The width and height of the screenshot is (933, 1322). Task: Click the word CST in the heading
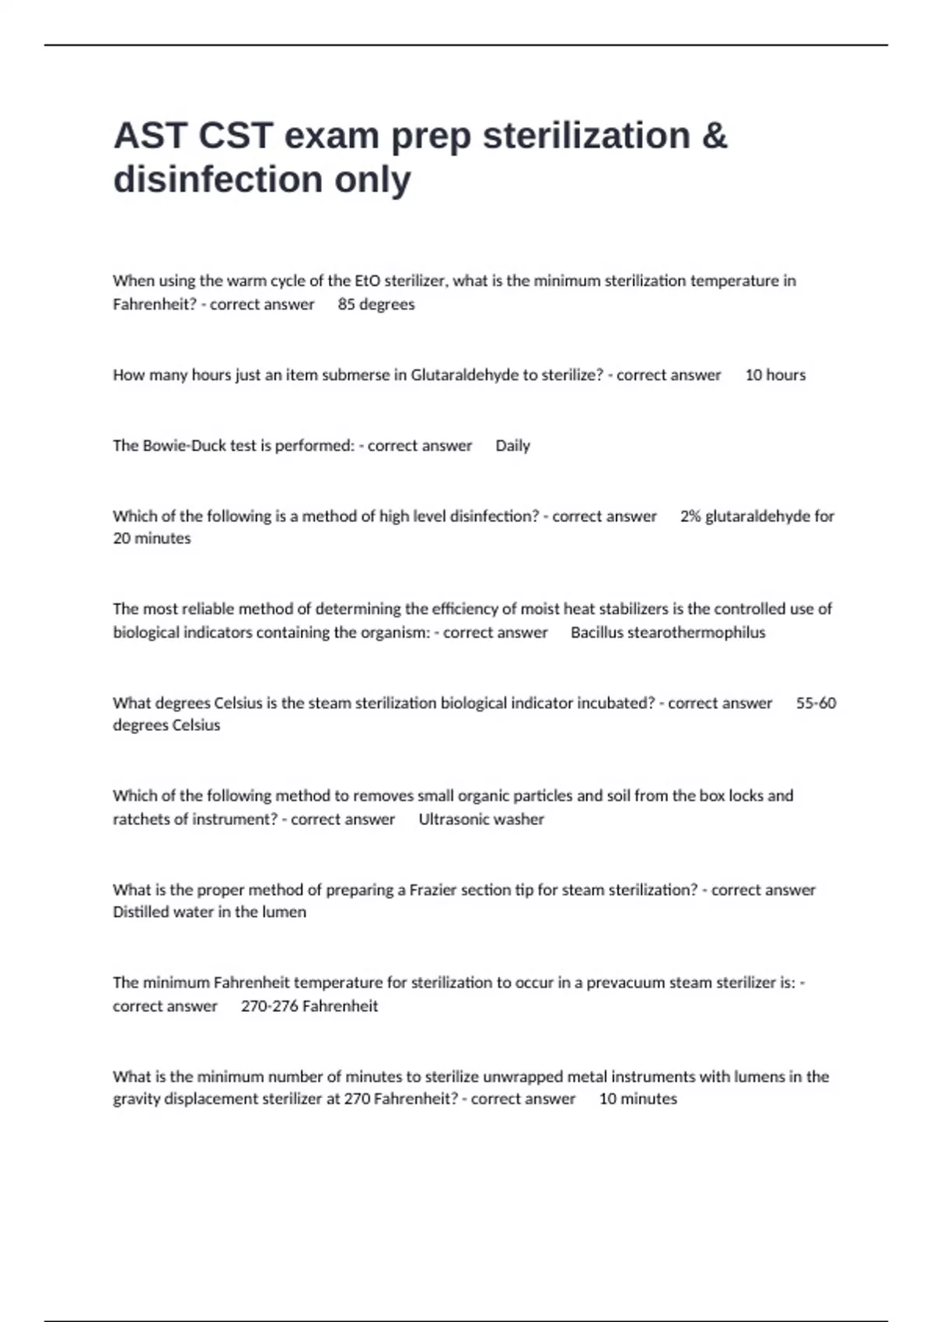tap(236, 135)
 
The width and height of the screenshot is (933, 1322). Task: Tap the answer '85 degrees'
tap(376, 304)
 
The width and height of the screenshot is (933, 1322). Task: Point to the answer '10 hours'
tap(775, 375)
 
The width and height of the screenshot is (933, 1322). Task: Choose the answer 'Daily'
tap(512, 446)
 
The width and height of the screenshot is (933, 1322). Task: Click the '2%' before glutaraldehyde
tap(690, 516)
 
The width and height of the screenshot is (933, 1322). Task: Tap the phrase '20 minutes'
tap(152, 538)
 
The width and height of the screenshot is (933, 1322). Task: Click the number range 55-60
tap(816, 703)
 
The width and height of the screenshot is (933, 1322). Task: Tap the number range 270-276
tap(269, 1005)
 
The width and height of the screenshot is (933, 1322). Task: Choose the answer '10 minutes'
tap(638, 1099)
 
